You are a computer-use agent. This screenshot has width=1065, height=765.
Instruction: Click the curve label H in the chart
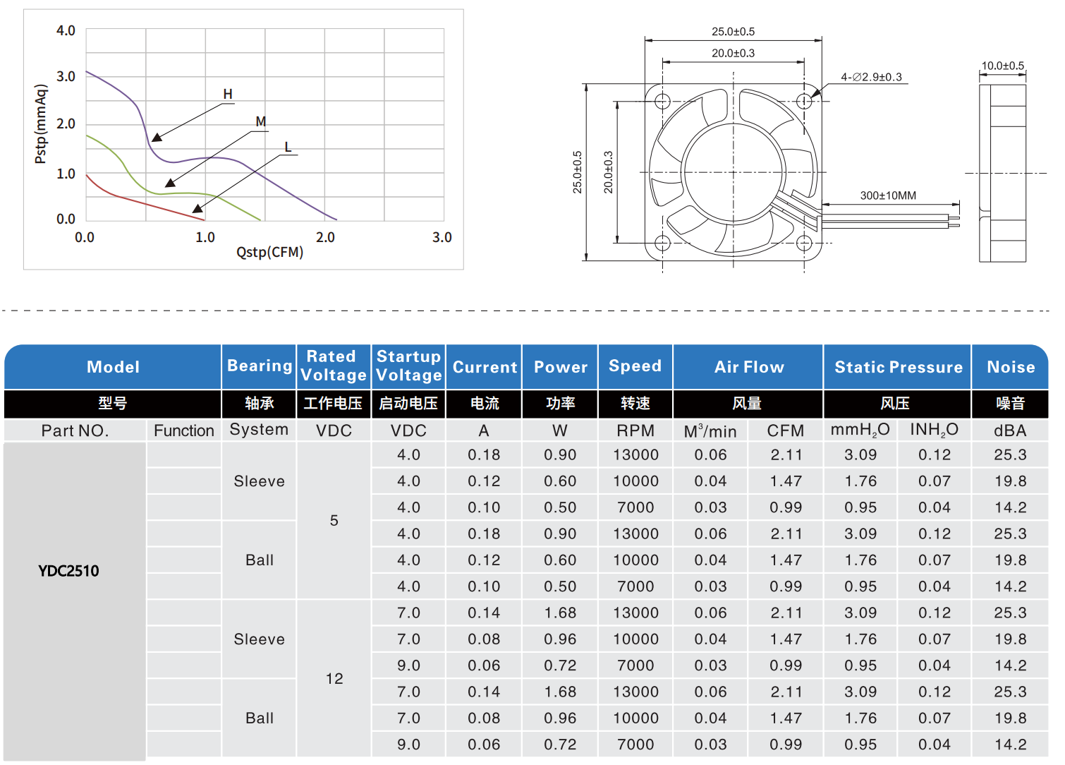228,94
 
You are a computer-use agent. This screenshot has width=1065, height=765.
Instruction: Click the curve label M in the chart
261,121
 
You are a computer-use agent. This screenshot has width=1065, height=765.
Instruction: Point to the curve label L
288,147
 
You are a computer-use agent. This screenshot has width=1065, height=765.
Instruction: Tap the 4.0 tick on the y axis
66,30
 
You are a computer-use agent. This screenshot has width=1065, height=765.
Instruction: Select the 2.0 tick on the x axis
325,237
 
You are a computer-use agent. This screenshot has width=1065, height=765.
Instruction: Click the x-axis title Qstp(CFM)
269,253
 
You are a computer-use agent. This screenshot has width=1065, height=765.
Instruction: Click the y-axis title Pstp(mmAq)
41,124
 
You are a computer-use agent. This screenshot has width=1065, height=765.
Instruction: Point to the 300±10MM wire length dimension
888,195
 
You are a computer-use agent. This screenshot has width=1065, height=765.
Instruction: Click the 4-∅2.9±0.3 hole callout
871,77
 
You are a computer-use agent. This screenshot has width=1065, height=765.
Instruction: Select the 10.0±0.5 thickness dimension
1003,66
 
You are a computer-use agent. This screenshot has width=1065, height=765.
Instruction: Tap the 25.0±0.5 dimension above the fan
733,32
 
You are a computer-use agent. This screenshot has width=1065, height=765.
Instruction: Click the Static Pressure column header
898,367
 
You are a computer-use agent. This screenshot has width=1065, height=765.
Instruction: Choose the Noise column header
1011,367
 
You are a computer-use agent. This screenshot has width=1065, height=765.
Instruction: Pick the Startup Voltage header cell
409,366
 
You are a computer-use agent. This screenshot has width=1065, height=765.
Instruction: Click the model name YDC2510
68,571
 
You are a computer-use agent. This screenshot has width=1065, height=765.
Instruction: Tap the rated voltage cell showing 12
334,678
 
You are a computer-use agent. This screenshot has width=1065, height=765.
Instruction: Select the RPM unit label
635,430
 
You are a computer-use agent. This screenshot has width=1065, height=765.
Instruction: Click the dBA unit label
1010,430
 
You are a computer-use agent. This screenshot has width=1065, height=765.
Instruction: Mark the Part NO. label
75,430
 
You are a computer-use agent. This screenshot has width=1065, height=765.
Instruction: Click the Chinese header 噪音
1010,404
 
